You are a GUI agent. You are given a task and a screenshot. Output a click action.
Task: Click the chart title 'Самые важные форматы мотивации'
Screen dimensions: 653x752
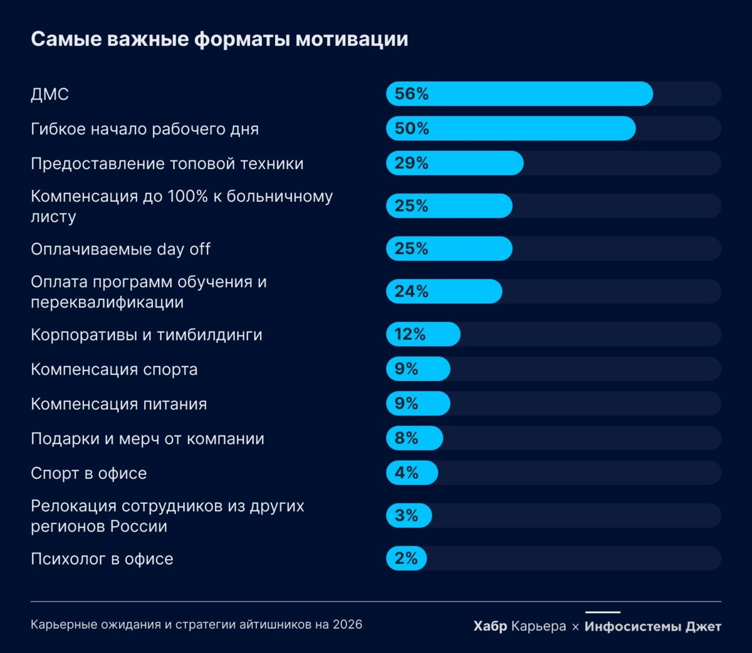click(219, 39)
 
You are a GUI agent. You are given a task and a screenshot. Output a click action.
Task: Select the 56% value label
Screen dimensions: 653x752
click(412, 94)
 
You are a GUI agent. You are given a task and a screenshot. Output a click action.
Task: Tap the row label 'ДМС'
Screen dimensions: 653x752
click(50, 95)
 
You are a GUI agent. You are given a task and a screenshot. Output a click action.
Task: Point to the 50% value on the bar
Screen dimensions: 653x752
click(412, 128)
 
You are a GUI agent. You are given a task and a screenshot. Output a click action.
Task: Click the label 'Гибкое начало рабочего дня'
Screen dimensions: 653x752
click(145, 129)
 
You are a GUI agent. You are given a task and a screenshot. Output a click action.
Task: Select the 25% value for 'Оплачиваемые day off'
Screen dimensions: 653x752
click(412, 249)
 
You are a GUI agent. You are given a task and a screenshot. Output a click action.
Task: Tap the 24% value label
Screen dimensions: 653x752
click(412, 291)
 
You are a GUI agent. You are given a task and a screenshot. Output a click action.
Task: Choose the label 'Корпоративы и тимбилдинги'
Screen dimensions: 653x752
click(147, 335)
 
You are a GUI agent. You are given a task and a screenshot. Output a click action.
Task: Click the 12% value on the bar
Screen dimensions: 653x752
click(410, 335)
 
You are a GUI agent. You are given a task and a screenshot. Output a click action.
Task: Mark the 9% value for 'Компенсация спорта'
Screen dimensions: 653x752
click(406, 369)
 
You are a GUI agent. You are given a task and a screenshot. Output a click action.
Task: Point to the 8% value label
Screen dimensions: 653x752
click(406, 438)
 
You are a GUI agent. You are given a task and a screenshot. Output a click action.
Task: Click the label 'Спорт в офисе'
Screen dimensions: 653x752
click(88, 474)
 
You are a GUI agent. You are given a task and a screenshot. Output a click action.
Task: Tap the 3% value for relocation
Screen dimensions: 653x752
click(406, 516)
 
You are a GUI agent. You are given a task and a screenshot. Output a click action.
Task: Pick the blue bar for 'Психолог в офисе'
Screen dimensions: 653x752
click(407, 558)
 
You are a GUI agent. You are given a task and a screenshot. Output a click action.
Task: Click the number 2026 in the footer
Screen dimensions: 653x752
click(347, 624)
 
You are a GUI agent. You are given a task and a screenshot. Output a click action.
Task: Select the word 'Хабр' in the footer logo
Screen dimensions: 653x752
click(490, 626)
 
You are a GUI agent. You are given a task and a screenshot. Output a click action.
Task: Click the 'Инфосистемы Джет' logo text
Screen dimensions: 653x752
click(652, 626)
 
